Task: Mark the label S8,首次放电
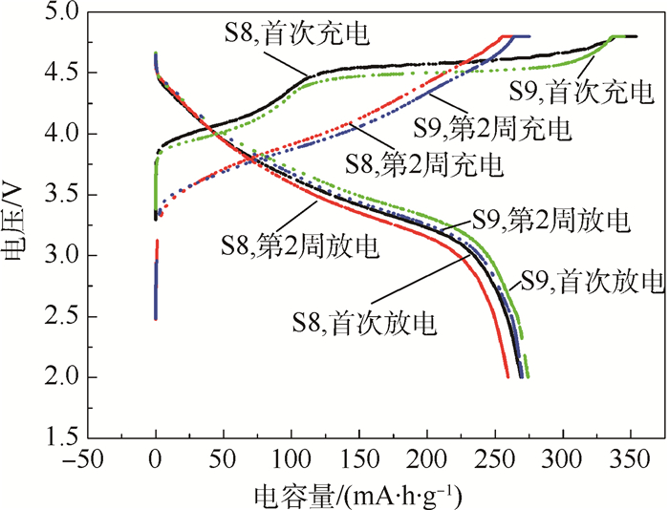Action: [365, 323]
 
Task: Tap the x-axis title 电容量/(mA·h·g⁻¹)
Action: [360, 496]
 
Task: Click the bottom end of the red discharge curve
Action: [507, 377]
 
